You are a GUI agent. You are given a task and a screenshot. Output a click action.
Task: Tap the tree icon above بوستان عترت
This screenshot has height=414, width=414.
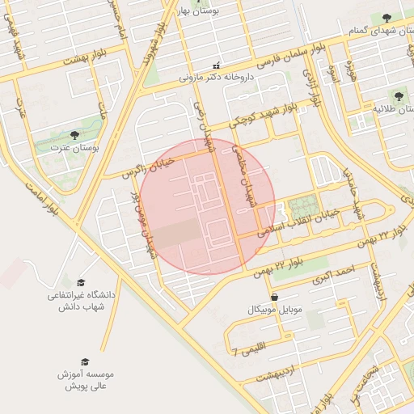coord(74,135)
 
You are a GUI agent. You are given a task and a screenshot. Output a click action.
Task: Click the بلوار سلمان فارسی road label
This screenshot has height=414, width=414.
coord(284,56)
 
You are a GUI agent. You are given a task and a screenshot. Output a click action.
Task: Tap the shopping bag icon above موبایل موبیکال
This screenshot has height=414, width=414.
coord(277,297)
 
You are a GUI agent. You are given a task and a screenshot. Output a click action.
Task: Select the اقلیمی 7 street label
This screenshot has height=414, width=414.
coord(257,350)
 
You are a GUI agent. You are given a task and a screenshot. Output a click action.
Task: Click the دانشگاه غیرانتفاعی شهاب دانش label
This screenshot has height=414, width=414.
coord(81,301)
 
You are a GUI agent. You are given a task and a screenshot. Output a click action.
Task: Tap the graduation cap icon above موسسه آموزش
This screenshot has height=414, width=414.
coord(84,361)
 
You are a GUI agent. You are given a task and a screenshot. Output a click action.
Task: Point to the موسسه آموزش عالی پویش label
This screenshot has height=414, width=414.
coord(85,381)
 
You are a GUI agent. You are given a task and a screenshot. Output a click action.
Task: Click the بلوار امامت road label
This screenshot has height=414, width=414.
coord(37,198)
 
